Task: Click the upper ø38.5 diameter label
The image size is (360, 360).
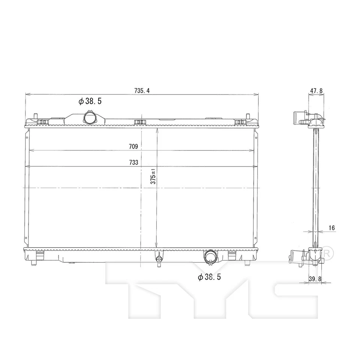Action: point(90,101)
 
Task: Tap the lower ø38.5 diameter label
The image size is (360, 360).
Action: point(210,277)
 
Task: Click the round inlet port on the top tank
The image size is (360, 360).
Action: point(90,117)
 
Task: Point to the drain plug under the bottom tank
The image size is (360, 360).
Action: point(159,259)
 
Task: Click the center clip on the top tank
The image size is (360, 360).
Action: point(140,121)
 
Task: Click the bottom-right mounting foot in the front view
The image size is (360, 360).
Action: point(247,262)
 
